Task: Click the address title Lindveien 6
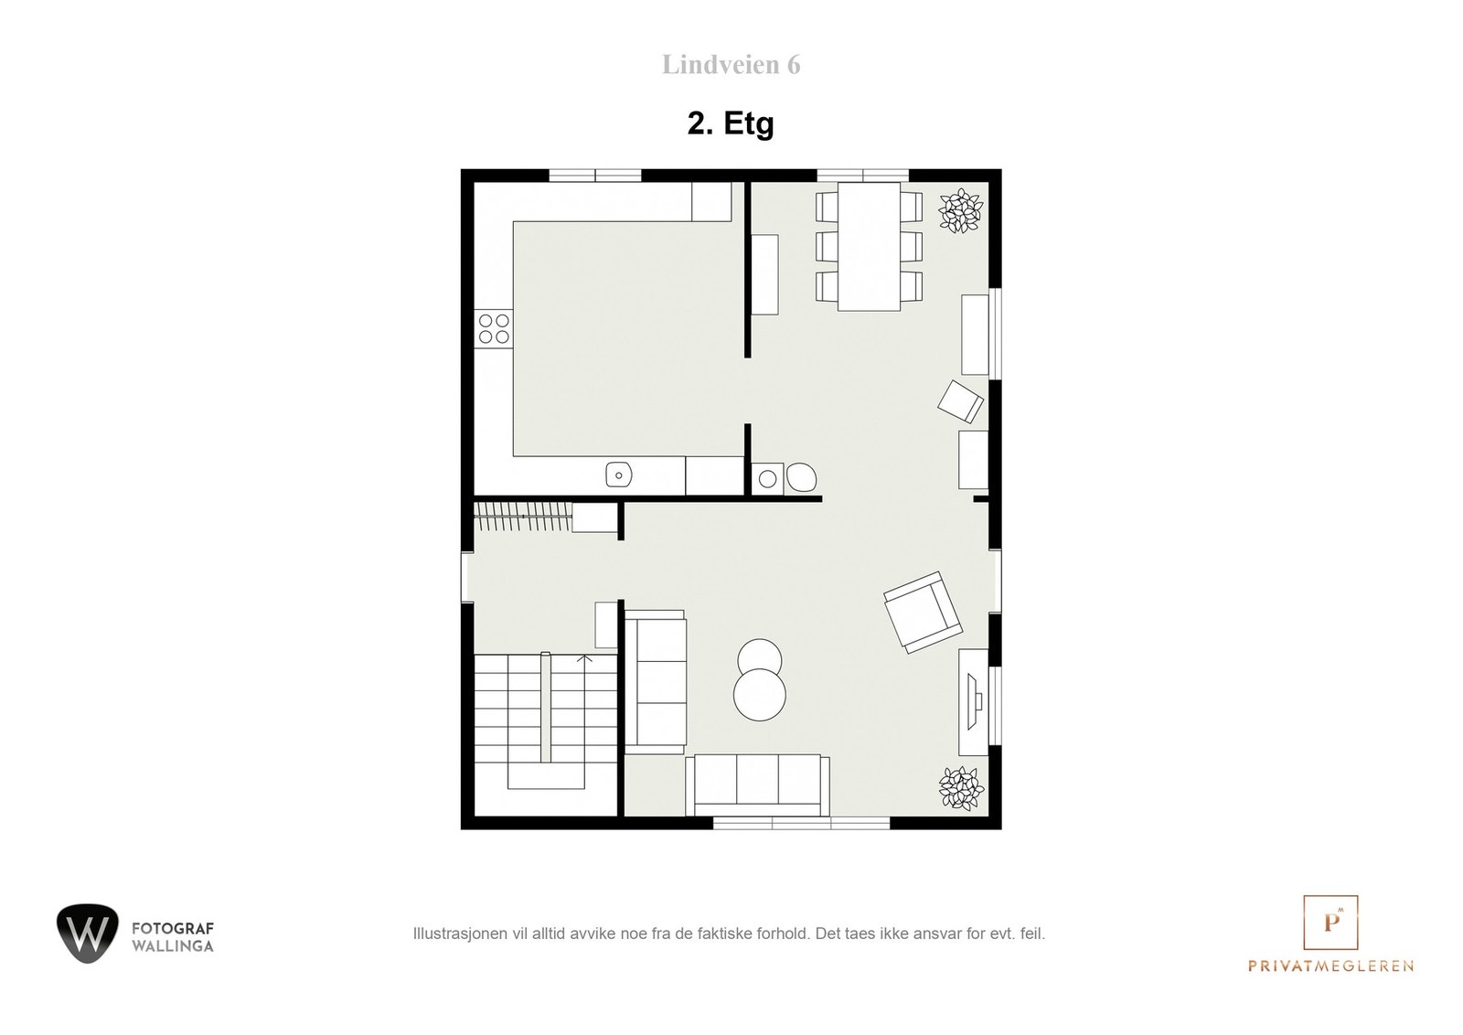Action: click(x=731, y=65)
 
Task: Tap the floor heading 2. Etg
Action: click(x=731, y=123)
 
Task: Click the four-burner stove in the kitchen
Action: click(x=494, y=328)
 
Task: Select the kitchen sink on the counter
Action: click(x=619, y=475)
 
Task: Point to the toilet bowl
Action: click(x=802, y=477)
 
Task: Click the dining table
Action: click(x=869, y=247)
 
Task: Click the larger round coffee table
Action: click(x=759, y=695)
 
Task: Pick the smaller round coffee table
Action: click(x=759, y=655)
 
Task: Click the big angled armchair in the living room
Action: click(x=923, y=612)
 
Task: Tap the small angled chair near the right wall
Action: click(x=962, y=401)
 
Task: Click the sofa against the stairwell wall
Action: click(x=655, y=681)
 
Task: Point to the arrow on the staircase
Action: click(x=585, y=657)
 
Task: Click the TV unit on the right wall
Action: click(x=973, y=701)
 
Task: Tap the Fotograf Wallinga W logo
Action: click(x=88, y=933)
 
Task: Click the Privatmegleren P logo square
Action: click(x=1330, y=923)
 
